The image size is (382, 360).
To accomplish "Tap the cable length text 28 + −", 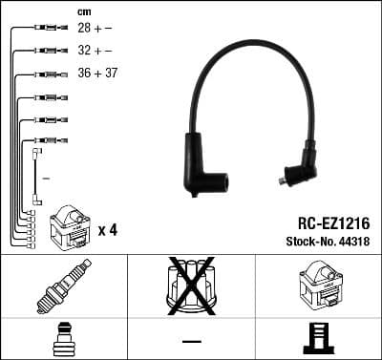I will pos(95,30).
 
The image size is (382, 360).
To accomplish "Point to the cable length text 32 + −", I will pos(95,51).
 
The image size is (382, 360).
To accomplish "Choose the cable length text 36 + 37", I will pos(97,73).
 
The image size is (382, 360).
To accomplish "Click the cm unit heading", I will pos(83,11).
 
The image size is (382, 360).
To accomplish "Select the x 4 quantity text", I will pos(107,230).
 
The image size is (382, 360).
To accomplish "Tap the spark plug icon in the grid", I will pos(64,287).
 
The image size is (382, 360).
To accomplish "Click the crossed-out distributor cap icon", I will pos(191,286).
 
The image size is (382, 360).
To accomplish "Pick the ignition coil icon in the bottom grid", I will pos(318,286).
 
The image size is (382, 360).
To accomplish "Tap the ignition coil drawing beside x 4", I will pos(69,227).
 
